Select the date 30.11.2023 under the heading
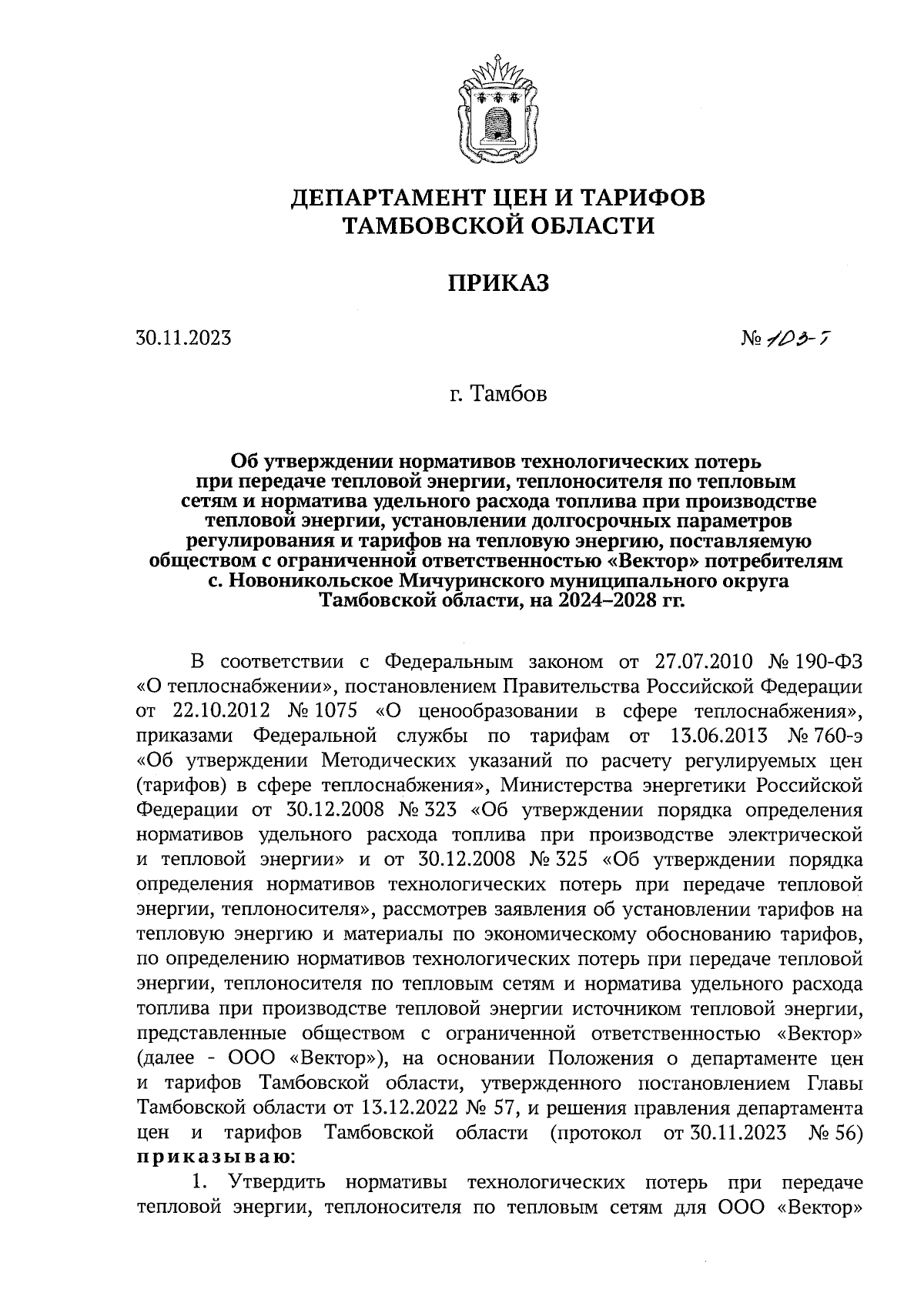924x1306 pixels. (x=183, y=338)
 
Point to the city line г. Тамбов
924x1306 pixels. (x=499, y=395)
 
